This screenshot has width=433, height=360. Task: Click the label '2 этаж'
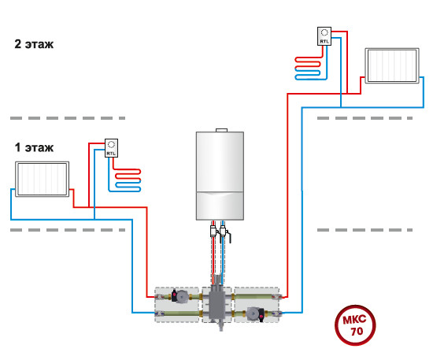(34, 44)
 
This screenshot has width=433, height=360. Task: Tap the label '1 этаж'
(34, 147)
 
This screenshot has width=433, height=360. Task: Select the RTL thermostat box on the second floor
(324, 36)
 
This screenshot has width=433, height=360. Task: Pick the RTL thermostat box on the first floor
(111, 148)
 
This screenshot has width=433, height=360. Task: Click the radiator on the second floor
(392, 65)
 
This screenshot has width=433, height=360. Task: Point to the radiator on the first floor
(42, 179)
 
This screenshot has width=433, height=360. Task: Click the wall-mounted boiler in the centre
(220, 176)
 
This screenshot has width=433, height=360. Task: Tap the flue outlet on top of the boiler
(221, 130)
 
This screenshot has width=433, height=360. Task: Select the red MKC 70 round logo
(355, 325)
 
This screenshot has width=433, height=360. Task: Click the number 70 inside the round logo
(357, 331)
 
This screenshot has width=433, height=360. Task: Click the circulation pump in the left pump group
(180, 296)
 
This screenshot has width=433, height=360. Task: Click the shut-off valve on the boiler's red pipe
(213, 232)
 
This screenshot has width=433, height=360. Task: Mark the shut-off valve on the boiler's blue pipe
(224, 233)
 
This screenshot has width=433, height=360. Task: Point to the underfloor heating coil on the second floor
(308, 69)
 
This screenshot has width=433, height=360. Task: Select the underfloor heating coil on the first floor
(128, 180)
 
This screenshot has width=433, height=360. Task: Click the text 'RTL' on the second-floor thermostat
(324, 42)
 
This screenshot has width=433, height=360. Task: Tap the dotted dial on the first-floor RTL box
(111, 144)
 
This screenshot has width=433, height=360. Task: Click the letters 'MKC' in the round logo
(354, 319)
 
